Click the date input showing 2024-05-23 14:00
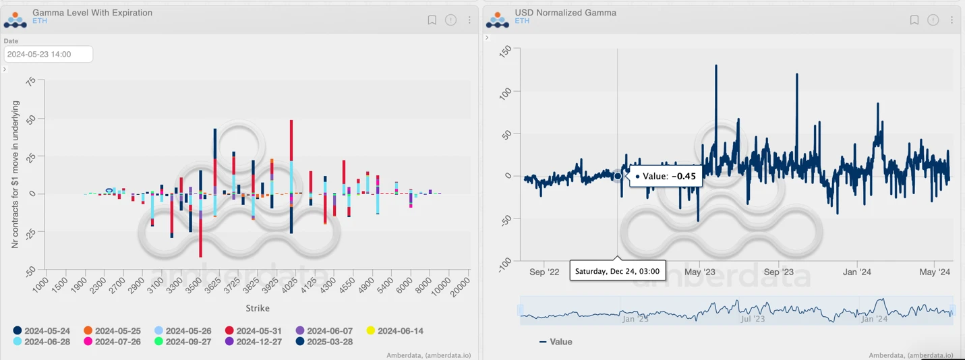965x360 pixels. tap(48, 54)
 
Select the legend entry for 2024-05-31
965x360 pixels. tap(254, 331)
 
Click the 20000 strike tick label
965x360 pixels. tap(461, 286)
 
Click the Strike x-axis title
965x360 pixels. tap(258, 308)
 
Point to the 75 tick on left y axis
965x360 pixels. tap(30, 82)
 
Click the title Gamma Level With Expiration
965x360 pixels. tap(92, 13)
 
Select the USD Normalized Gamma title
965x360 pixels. tap(565, 13)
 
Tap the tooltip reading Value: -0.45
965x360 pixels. tap(666, 176)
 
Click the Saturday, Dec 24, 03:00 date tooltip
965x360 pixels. tap(618, 271)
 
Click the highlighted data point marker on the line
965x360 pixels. tap(618, 176)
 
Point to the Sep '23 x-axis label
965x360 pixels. tap(778, 272)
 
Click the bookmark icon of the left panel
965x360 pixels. tap(432, 20)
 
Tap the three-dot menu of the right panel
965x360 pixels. tap(952, 20)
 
